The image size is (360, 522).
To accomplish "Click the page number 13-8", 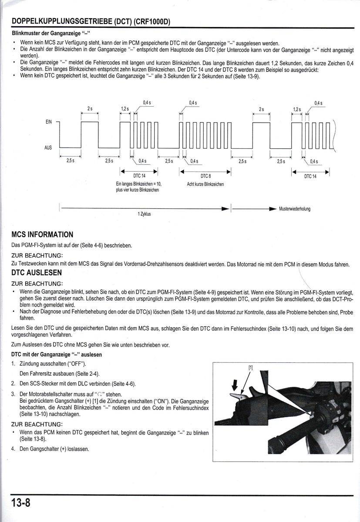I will pos(20,503).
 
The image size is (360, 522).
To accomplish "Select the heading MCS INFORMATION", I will pos(42,234).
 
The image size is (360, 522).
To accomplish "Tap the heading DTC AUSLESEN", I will pos(37,273).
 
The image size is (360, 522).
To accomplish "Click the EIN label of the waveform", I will pos(48,122).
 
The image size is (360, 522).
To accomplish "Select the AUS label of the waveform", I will pos(48,148).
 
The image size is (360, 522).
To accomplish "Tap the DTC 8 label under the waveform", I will pos(205,176).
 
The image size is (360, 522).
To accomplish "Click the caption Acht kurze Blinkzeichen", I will pos(205,184).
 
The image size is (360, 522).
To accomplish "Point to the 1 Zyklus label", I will pos(144,214).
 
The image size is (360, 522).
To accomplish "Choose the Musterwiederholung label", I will pos(295,209).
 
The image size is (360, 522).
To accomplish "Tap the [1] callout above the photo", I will pos(250,367).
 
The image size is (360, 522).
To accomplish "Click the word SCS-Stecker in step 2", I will pos(43,384).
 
